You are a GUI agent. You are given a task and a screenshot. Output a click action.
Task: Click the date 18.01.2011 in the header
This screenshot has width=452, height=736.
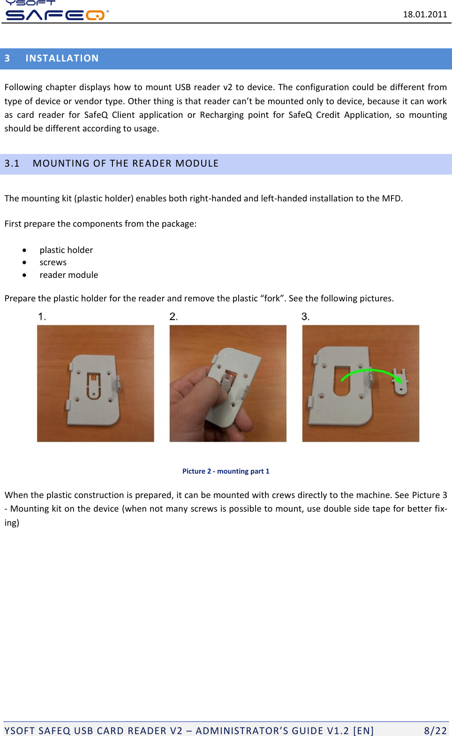[425, 14]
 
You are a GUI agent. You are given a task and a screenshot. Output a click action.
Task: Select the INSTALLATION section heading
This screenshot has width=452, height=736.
[62, 58]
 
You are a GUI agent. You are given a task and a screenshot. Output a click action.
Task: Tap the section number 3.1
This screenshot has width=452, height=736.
[12, 163]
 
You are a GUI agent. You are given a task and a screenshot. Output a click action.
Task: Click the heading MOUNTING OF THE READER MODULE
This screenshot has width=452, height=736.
[126, 163]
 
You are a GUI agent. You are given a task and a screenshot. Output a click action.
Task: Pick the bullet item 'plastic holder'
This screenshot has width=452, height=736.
[66, 250]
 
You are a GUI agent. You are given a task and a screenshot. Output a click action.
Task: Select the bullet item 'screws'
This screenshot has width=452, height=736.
[53, 262]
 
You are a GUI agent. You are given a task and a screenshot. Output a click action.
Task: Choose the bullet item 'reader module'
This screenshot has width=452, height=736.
[69, 275]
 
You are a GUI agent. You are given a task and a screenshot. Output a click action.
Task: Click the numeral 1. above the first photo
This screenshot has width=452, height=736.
[42, 317]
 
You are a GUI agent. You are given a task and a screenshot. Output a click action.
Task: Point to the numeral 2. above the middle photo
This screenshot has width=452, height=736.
[173, 317]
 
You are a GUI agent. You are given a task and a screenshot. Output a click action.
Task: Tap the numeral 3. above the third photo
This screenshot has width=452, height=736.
[305, 317]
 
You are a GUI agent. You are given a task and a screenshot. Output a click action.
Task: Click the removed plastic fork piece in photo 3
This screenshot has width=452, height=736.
[400, 383]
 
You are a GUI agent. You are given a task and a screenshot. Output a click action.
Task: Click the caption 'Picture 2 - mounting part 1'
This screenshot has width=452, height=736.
[226, 471]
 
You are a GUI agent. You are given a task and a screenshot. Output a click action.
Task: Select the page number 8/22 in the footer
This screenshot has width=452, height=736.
[435, 730]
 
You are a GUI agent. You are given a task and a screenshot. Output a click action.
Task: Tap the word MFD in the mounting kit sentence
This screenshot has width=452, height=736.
[392, 199]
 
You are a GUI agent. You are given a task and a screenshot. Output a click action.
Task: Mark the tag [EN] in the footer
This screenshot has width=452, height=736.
[363, 730]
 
